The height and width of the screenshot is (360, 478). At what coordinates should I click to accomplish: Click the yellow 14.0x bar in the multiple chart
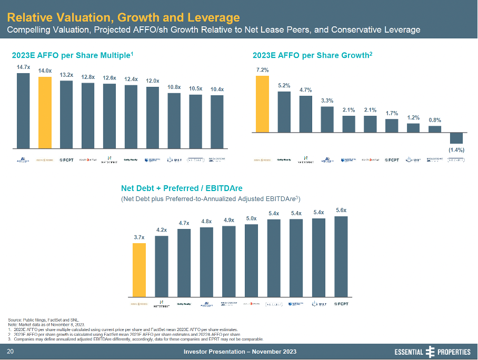coord(45,113)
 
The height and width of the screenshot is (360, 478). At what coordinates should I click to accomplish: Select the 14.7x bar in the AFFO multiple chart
coord(23,111)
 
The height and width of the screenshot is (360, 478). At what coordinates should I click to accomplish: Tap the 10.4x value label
coord(216,89)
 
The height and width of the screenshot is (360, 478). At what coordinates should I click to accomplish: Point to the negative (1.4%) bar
coord(456,138)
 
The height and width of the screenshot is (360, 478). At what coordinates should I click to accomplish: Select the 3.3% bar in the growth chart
coord(327,119)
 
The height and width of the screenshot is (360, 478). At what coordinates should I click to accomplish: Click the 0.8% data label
coord(434,120)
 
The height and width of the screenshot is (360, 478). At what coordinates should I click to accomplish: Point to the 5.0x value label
coord(252,218)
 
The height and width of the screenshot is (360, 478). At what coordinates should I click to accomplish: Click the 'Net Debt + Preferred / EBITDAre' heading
coord(182,188)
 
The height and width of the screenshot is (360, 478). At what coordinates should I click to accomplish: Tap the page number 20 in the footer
coord(9,352)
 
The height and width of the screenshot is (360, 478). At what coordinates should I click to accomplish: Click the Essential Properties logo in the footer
coord(432,352)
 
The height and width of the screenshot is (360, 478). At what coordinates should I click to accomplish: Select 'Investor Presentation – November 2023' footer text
coord(240,352)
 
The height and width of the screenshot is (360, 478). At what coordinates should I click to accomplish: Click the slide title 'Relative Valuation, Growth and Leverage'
coord(124,18)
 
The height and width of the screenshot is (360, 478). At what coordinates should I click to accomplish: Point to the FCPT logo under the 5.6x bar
coord(341,304)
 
